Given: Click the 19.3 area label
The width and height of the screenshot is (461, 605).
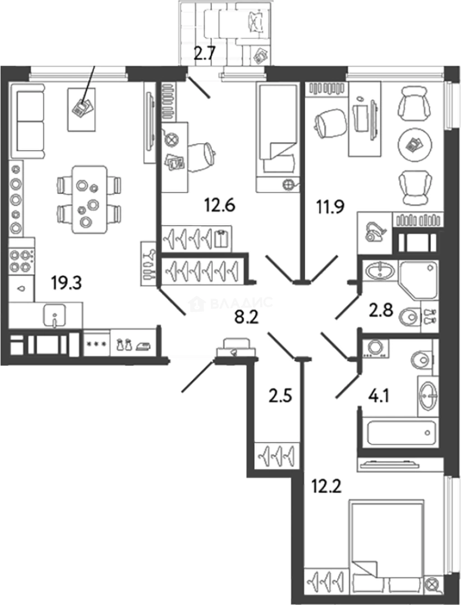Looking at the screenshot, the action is click(67, 283).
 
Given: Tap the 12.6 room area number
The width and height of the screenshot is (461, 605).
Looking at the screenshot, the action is click(219, 205).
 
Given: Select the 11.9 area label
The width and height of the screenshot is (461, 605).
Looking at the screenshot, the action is click(330, 207).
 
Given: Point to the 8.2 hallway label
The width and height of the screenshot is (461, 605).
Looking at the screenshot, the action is click(246, 318).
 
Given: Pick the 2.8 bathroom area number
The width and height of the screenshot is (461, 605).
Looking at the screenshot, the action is click(381, 310).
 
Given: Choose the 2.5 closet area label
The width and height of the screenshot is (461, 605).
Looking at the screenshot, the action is click(280, 396).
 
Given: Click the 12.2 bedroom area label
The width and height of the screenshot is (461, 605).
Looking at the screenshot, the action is click(326, 487).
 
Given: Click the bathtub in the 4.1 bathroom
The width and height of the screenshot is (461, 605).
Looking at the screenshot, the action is click(402, 432).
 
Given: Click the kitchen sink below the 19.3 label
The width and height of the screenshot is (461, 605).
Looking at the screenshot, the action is click(54, 315).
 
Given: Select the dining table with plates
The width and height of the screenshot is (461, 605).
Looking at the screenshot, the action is click(90, 199).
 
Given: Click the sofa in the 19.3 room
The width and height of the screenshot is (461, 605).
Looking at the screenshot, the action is click(27, 121).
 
